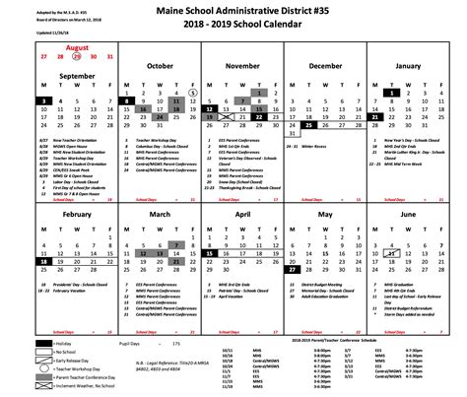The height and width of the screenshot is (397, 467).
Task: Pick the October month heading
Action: (x=160, y=66)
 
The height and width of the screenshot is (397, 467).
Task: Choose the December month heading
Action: (x=324, y=66)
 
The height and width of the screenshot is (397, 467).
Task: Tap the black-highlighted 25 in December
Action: (x=308, y=125)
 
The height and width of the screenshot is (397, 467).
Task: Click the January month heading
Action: (x=413, y=66)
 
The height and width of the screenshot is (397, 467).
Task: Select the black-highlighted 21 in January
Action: (x=375, y=116)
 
